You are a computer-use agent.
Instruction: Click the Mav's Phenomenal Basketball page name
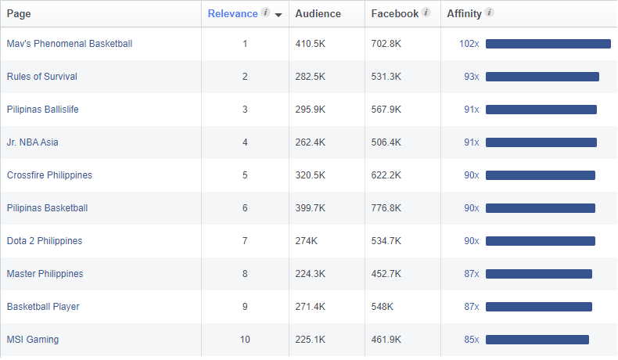pyautogui.click(x=69, y=44)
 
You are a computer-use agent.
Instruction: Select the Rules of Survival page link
pyautogui.click(x=41, y=77)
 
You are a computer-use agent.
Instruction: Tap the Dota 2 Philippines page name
pyautogui.click(x=44, y=241)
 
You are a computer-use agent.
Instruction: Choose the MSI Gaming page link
pyautogui.click(x=32, y=340)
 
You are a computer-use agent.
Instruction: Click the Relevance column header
pyautogui.click(x=232, y=13)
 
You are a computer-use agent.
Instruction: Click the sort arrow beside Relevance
pyautogui.click(x=278, y=14)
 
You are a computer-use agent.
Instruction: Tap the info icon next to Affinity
pyautogui.click(x=490, y=13)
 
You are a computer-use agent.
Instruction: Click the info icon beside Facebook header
pyautogui.click(x=426, y=13)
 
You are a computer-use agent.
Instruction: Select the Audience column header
pyautogui.click(x=318, y=13)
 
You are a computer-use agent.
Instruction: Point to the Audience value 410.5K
pyautogui.click(x=311, y=44)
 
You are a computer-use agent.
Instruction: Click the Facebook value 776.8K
pyautogui.click(x=386, y=208)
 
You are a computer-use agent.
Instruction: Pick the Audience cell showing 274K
pyautogui.click(x=307, y=241)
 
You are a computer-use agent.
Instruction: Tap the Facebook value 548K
pyautogui.click(x=383, y=307)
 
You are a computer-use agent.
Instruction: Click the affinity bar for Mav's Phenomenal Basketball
pyautogui.click(x=548, y=44)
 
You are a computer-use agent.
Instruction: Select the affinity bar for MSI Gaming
pyautogui.click(x=537, y=340)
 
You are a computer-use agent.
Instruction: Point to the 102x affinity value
pyautogui.click(x=469, y=44)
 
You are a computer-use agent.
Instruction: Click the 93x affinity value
pyautogui.click(x=471, y=77)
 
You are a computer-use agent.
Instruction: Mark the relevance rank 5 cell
pyautogui.click(x=245, y=175)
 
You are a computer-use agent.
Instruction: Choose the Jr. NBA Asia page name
pyautogui.click(x=32, y=142)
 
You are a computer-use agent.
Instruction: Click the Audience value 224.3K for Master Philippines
pyautogui.click(x=310, y=274)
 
